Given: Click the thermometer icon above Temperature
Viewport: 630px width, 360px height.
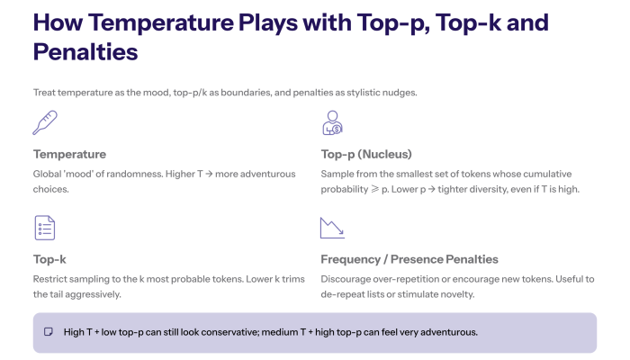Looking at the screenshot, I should [x=45, y=121].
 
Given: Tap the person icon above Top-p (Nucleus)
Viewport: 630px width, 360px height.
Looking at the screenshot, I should [x=332, y=121].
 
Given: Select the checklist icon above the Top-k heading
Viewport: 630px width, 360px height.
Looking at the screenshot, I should [x=45, y=228].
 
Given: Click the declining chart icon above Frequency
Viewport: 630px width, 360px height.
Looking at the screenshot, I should [x=332, y=228].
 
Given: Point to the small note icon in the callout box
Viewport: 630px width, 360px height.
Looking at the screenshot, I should [x=49, y=332].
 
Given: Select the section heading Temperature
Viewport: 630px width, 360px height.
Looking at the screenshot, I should [x=69, y=154].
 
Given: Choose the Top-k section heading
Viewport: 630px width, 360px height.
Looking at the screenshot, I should [x=49, y=259].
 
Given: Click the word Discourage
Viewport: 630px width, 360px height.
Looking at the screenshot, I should [x=350, y=278].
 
